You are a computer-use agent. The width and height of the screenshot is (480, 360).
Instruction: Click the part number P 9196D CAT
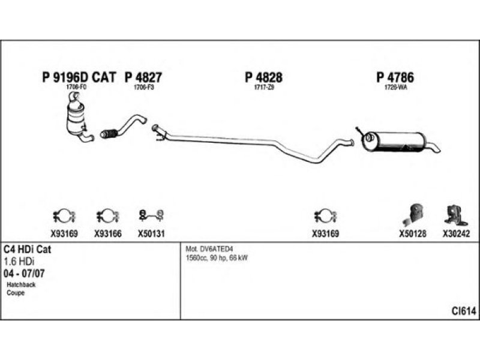[79, 77]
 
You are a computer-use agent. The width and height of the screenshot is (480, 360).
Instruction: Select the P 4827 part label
[143, 77]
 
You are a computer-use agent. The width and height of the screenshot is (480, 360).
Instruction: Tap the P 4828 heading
[263, 77]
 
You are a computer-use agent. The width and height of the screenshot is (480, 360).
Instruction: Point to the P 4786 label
[395, 77]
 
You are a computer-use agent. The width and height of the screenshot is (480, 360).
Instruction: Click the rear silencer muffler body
[397, 142]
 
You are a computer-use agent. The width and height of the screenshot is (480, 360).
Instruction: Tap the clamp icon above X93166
[108, 215]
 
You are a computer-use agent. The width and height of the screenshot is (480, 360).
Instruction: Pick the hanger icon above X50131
[151, 214]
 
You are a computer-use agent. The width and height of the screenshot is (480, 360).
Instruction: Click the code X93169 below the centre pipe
[325, 234]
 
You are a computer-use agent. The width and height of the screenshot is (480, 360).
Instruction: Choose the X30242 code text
[457, 234]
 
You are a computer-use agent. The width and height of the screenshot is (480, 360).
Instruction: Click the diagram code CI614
[464, 310]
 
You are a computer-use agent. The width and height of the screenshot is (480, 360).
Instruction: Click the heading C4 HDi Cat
[27, 250]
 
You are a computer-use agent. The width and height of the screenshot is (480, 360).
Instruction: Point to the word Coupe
[16, 293]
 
